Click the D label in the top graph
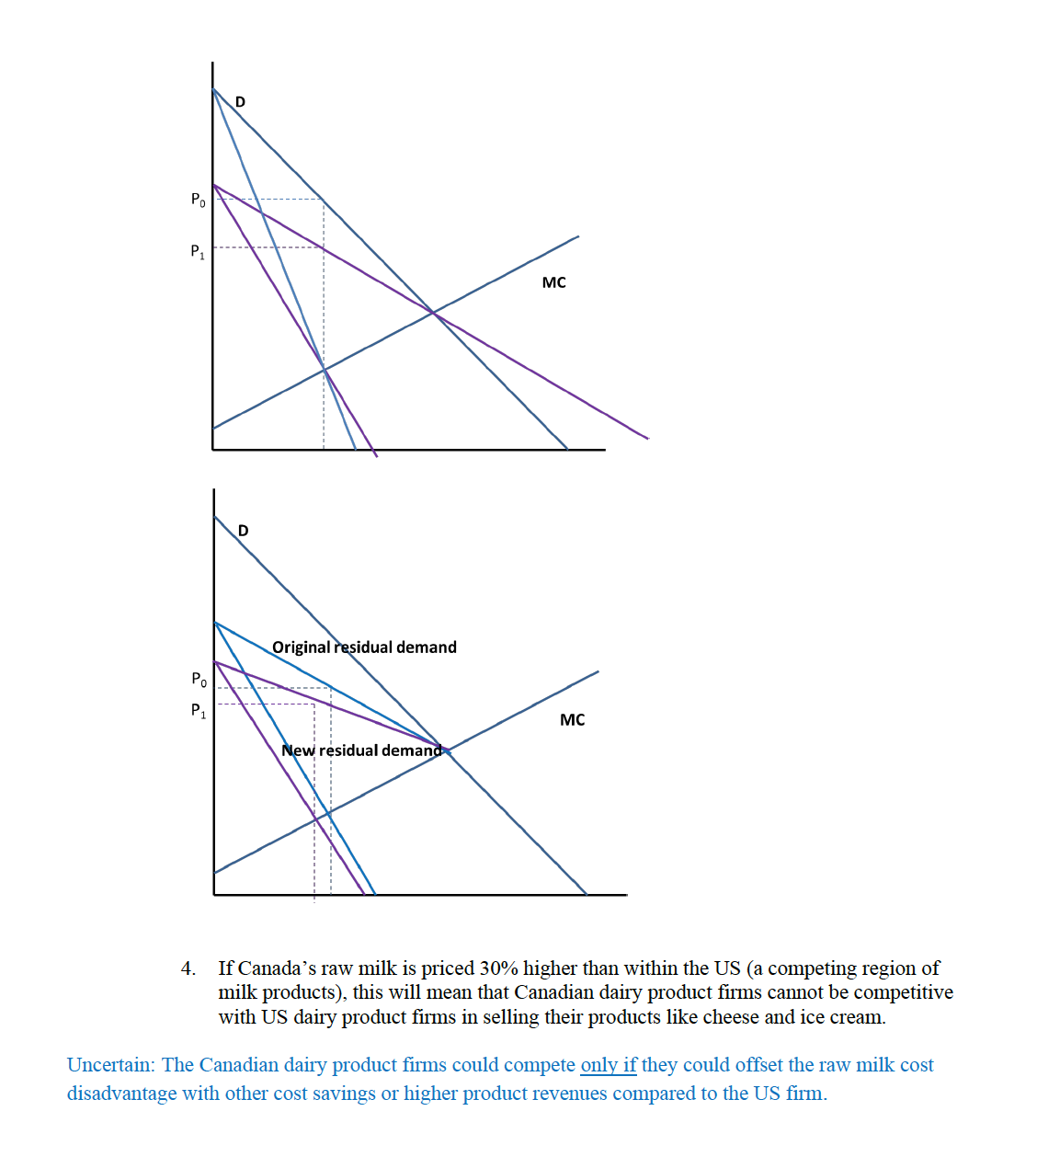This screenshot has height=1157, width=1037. pos(240,101)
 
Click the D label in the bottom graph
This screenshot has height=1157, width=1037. pos(243,531)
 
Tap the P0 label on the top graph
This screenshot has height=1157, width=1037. pos(198,199)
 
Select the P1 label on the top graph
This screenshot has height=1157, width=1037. pos(198,251)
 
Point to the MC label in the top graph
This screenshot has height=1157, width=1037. pos(553,282)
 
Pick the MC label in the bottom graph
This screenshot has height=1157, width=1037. pos(572,720)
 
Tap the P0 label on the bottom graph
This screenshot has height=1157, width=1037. pos(199,680)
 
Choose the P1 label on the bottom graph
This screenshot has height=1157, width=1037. pos(199,710)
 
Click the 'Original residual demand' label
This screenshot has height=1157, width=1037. pos(364,647)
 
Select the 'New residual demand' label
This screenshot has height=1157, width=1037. pos(361,750)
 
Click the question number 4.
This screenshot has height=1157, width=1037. pos(188,968)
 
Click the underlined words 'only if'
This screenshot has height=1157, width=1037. pos(608,1065)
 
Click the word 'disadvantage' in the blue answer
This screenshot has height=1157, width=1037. pos(121,1094)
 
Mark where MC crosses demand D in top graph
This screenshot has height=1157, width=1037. pos(432,313)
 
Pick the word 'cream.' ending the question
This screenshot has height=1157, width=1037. pos(857,1017)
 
